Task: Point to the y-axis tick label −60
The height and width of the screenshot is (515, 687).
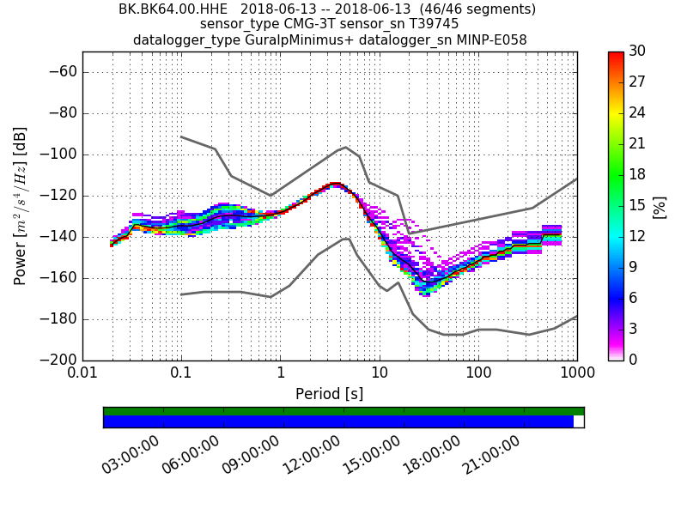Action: click(61, 72)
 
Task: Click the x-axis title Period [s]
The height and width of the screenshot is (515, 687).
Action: click(330, 394)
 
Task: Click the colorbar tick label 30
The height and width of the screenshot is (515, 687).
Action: click(638, 51)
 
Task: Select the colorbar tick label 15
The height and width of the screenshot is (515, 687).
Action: click(638, 205)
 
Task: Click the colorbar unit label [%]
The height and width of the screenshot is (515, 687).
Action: click(660, 206)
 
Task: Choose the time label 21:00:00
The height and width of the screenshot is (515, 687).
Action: click(492, 454)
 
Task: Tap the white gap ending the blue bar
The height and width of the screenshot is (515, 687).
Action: click(579, 421)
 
